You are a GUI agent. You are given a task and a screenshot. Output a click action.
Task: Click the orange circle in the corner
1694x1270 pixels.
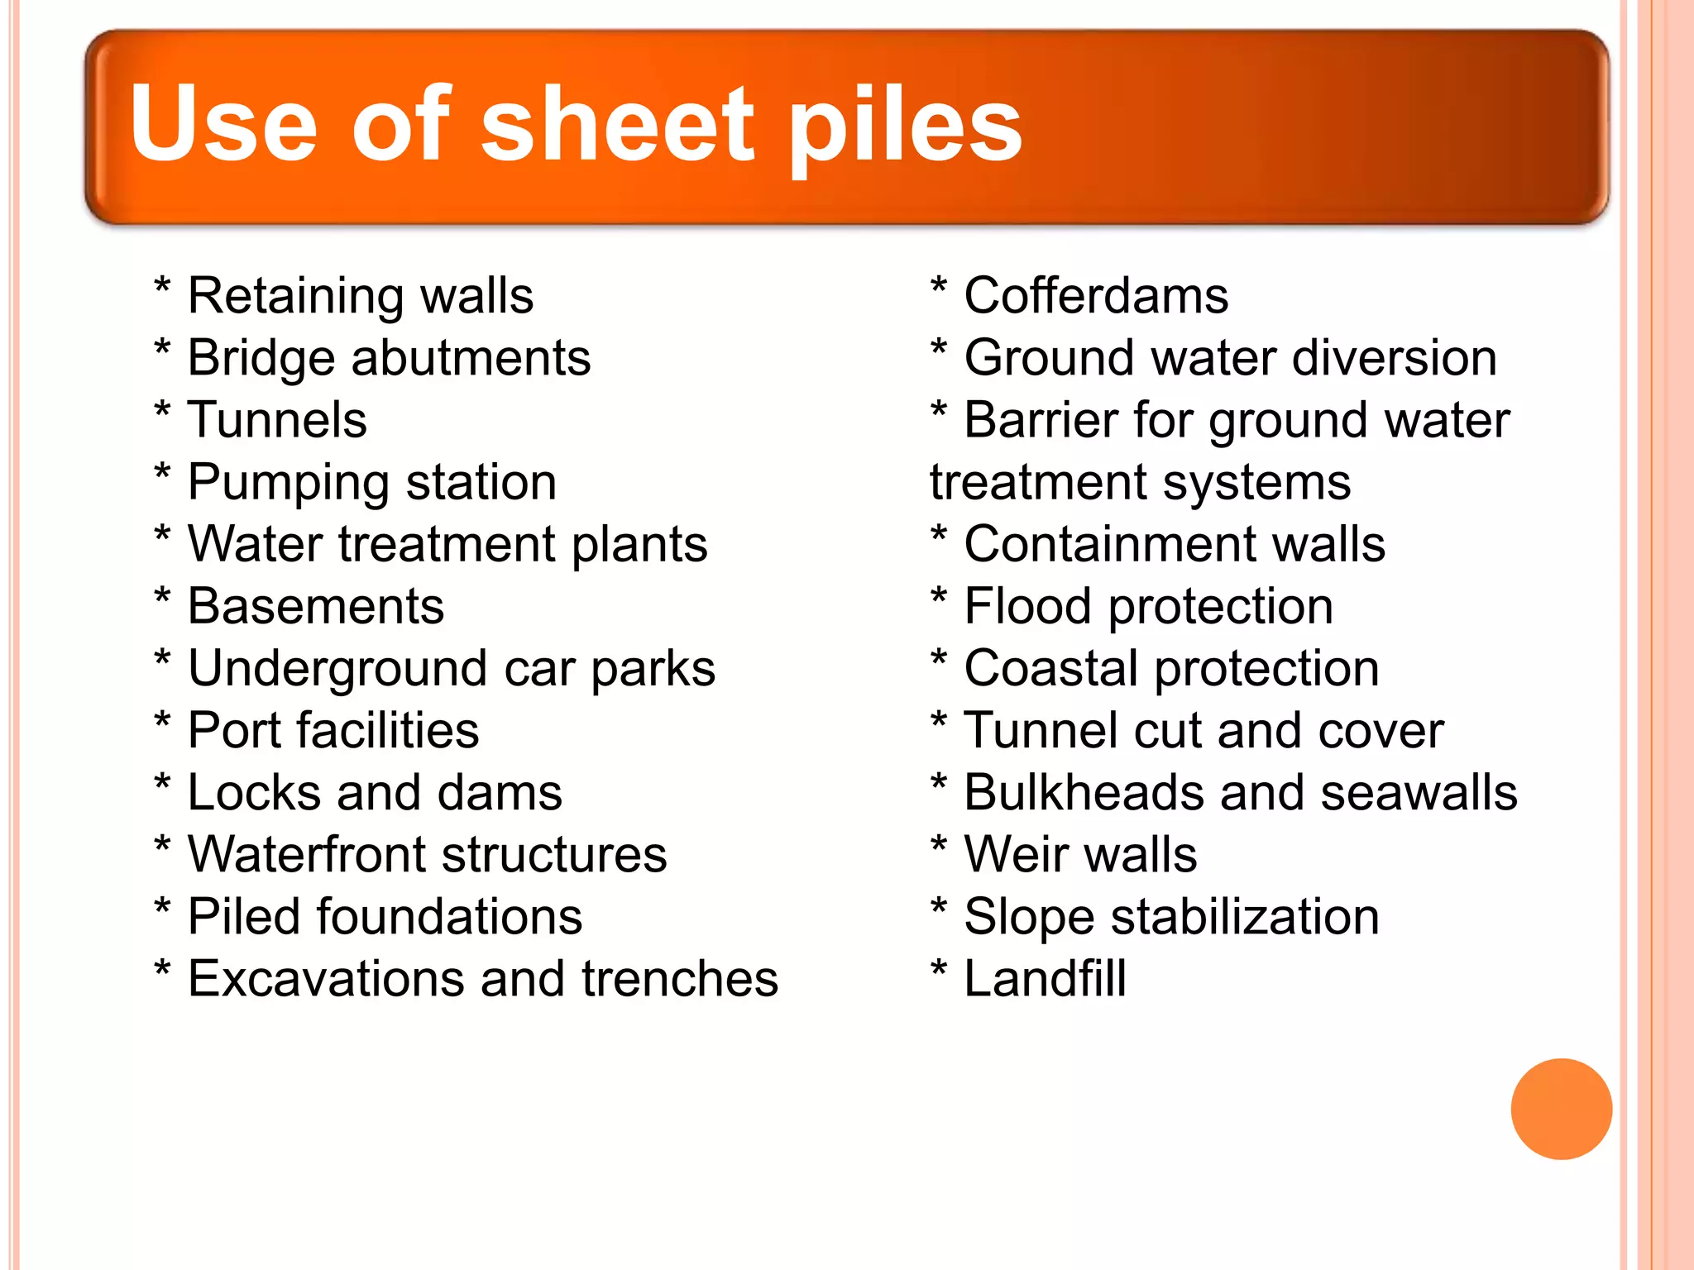coord(1561,1109)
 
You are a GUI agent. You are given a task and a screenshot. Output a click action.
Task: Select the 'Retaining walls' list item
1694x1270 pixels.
coord(361,296)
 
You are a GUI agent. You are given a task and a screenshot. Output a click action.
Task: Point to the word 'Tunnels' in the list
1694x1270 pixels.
coord(277,420)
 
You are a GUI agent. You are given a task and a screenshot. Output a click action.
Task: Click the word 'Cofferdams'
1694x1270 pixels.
coord(1096,296)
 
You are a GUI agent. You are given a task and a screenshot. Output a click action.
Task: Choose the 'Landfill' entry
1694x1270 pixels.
coord(1045,979)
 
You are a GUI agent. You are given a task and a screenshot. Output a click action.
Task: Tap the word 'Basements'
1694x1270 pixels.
coord(316,606)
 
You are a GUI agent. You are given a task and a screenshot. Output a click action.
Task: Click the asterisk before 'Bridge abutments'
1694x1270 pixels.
coord(163,351)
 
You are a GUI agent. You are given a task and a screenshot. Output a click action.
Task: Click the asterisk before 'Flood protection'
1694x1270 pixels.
coord(939,599)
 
